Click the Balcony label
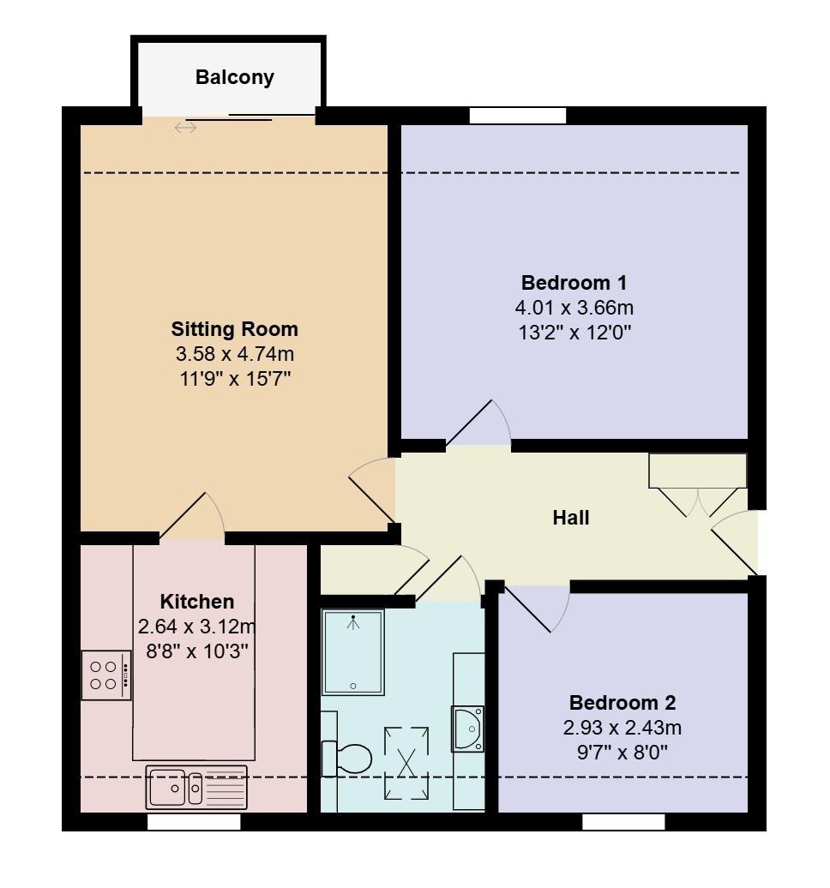coord(234,77)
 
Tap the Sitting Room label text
coord(234,329)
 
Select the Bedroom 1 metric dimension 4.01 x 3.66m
coord(574,308)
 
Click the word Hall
coord(570,518)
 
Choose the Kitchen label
coord(196,602)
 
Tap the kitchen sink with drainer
coord(196,787)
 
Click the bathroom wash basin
coord(468,729)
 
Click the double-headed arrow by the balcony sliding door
coord(185,128)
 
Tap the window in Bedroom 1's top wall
coord(518,116)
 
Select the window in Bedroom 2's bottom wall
coord(623,822)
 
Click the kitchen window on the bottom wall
coord(194,822)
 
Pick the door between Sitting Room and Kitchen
coord(193,519)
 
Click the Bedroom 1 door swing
coord(478,425)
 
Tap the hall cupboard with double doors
coord(697,472)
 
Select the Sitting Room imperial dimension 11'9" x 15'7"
coord(234,377)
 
